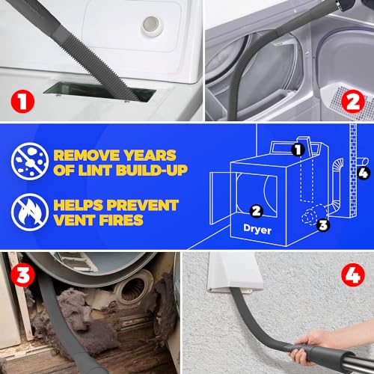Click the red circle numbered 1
pyautogui.click(x=22, y=101)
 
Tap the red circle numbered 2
pyautogui.click(x=353, y=101)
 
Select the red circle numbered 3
pyautogui.click(x=22, y=275)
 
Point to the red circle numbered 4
pyautogui.click(x=353, y=275)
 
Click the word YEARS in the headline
pyautogui.click(x=150, y=156)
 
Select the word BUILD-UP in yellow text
pyautogui.click(x=152, y=171)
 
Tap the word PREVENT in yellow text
pyautogui.click(x=143, y=205)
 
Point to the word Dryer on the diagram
pyautogui.click(x=257, y=229)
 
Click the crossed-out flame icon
pyautogui.click(x=30, y=212)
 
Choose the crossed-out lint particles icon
pyautogui.click(x=30, y=161)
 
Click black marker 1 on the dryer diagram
pyautogui.click(x=298, y=150)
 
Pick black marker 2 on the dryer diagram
pyautogui.click(x=257, y=211)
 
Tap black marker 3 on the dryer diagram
pyautogui.click(x=323, y=225)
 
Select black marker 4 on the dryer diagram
pyautogui.click(x=364, y=173)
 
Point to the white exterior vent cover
pyautogui.click(x=234, y=272)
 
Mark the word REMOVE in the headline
pyautogui.click(x=88, y=156)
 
